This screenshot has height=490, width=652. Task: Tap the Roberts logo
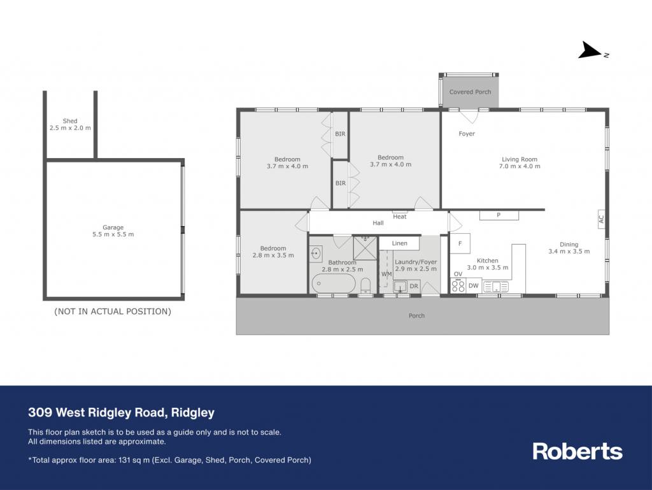point(578,451)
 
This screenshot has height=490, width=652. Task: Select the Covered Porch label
point(470,92)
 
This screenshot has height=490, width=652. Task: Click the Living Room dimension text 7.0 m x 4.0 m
point(520,166)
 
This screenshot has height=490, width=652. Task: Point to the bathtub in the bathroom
point(334,284)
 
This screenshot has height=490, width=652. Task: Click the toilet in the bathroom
point(365,286)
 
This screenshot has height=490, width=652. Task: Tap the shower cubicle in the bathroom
point(365,248)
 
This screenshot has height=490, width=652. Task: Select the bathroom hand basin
point(316,253)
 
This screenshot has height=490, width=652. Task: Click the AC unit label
point(601,219)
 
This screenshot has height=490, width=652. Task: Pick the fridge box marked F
point(460,243)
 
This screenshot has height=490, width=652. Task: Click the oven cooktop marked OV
point(458,285)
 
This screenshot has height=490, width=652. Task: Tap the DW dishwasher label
point(473,285)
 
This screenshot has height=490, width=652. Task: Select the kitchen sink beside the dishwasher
point(495,286)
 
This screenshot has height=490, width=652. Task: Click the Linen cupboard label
point(399,243)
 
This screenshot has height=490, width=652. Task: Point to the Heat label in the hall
point(400,216)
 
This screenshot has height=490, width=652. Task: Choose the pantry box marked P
point(499,215)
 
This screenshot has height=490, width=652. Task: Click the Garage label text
point(113,227)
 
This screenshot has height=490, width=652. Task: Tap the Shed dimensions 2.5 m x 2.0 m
point(70,128)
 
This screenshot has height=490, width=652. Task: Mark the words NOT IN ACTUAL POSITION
point(113,312)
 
